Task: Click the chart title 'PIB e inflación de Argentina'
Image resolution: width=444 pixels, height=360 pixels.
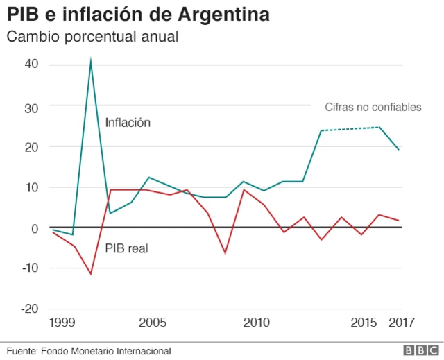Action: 139,14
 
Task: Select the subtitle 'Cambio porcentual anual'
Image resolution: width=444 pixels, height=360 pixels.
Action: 93,37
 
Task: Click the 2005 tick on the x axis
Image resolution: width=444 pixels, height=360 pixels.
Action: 152,323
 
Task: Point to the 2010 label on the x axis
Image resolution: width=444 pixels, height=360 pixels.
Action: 256,323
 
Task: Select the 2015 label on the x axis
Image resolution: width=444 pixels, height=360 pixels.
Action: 364,323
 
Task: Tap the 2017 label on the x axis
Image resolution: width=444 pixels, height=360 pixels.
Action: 402,323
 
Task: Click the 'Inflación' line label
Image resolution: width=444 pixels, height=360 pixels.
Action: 128,123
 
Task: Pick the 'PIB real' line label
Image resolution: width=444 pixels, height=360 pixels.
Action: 126,248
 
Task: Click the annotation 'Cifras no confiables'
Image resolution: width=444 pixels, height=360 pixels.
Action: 373,107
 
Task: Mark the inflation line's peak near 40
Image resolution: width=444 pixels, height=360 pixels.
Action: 91,61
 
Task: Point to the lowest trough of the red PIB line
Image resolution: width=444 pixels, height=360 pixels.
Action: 90,274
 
